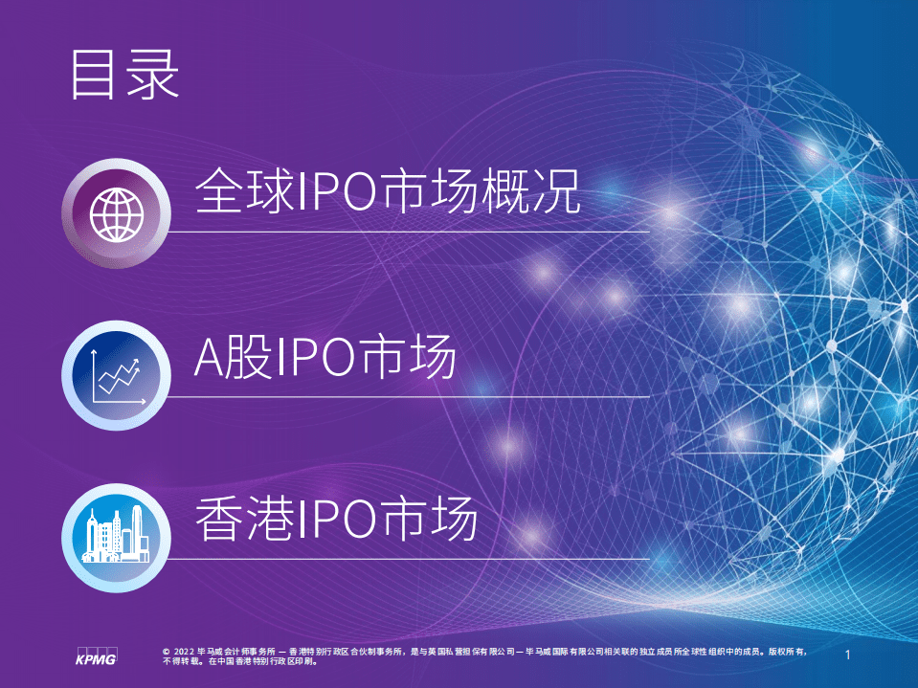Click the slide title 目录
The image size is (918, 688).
(124, 76)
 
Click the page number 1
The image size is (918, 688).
(848, 655)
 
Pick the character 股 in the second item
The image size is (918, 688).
(248, 359)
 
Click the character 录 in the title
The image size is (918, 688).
(153, 76)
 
